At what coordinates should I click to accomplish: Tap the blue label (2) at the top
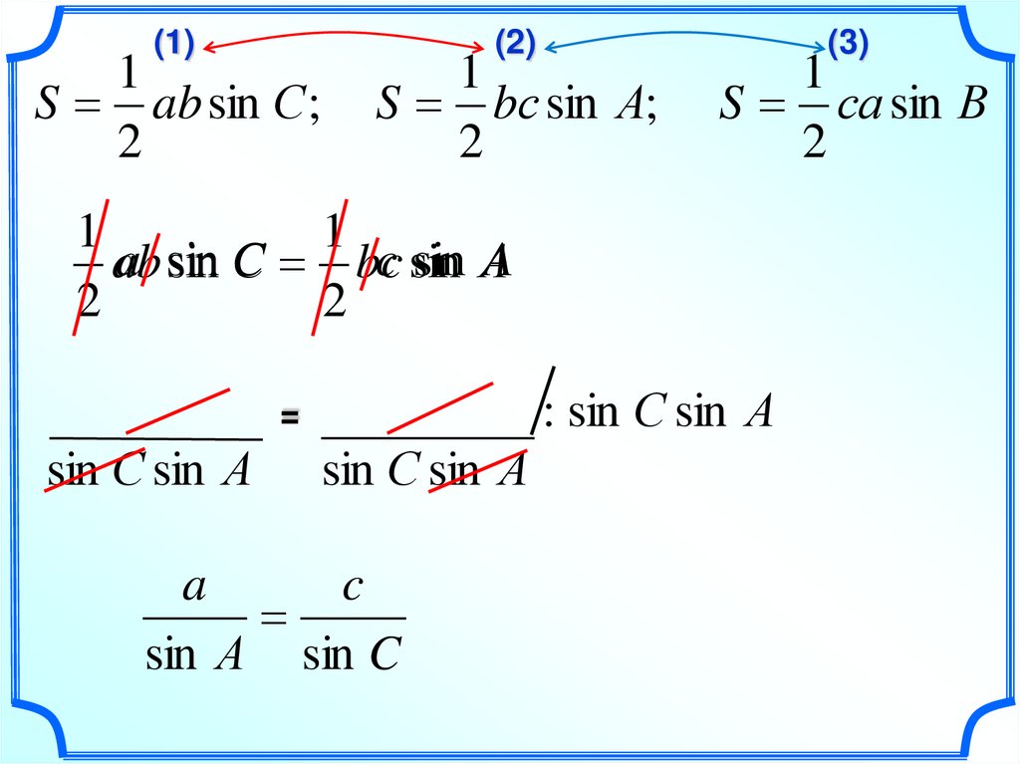515,44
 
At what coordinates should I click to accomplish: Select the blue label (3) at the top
848,44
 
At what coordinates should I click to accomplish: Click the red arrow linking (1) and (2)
344,36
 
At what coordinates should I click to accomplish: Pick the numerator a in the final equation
194,588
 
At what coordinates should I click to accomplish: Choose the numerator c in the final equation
352,589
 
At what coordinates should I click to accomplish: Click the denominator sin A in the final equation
194,654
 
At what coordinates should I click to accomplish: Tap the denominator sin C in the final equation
352,654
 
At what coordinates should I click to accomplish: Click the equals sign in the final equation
273,620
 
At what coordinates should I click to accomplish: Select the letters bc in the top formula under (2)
515,105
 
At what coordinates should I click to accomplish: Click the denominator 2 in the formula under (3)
814,141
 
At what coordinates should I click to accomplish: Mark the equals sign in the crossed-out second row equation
290,263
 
